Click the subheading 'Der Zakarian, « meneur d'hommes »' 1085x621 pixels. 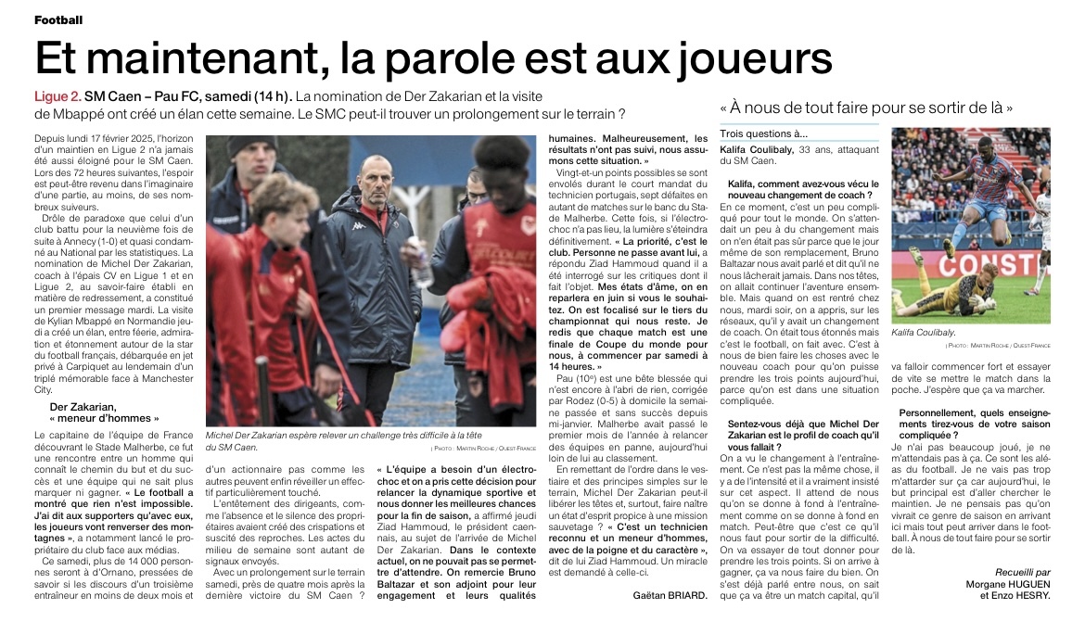(x=98, y=413)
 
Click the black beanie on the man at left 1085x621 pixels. (x=252, y=147)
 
